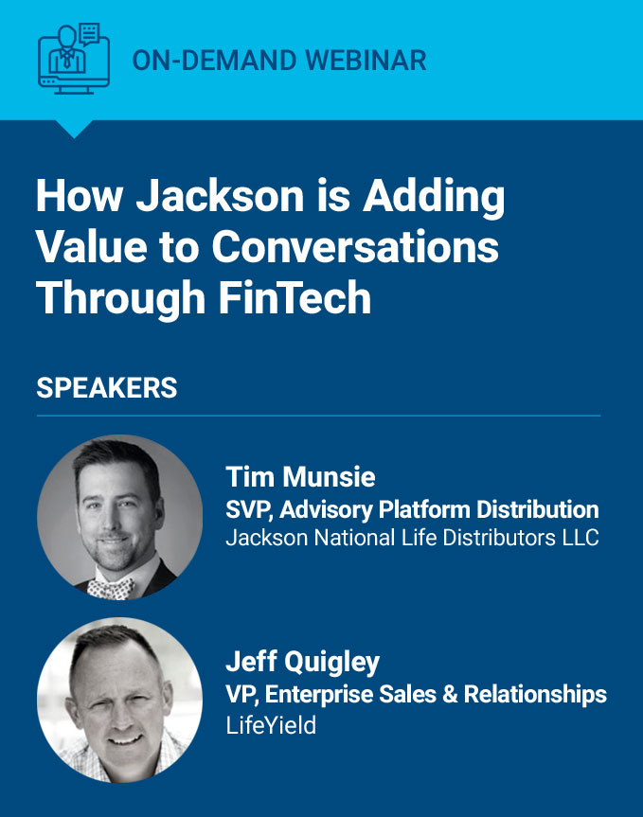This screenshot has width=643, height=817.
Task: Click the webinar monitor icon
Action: (74, 59)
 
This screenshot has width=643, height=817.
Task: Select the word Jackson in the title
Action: (220, 196)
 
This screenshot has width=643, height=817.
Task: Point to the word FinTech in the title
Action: (295, 297)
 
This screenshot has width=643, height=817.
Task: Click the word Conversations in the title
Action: (355, 247)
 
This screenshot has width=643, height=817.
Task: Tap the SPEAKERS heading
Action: (107, 388)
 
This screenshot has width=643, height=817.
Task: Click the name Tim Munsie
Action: (300, 477)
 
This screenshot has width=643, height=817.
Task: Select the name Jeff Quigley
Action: (302, 663)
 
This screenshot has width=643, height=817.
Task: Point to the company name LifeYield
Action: (271, 725)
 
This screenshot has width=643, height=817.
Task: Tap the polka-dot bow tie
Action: (111, 588)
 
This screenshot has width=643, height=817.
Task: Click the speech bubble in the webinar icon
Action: (89, 34)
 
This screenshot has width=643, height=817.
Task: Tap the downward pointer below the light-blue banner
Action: (74, 129)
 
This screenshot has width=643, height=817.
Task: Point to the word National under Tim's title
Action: (354, 538)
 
